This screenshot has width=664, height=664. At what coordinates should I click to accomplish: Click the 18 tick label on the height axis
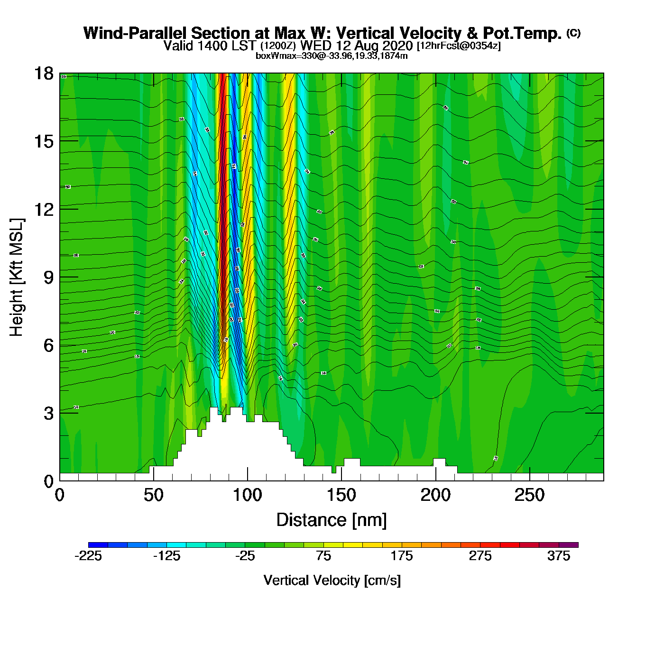pos(43,74)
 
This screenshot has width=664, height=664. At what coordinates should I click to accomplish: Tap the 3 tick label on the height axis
pos(48,413)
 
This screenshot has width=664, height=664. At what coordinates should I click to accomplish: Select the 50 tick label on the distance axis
pos(153,495)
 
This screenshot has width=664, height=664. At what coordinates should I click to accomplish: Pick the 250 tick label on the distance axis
pos(529,495)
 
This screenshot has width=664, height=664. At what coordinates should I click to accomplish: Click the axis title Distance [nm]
pos(332,520)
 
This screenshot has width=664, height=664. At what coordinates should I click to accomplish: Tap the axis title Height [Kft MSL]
pos(17,277)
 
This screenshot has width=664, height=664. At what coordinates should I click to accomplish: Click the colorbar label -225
pos(88,556)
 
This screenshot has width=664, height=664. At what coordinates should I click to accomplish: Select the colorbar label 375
pos(559,556)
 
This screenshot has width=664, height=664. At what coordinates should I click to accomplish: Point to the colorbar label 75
pos(323,556)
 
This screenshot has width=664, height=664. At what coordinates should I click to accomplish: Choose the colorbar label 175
pos(402,556)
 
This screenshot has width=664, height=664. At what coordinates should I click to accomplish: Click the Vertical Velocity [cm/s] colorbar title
pos(332,580)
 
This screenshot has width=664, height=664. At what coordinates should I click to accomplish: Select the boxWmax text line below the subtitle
pos(332,55)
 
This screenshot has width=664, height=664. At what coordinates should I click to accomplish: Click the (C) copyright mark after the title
pos(573,33)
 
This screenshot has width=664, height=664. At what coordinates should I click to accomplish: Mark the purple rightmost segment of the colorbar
pos(569,545)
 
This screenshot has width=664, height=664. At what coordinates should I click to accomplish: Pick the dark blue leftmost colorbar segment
pos(98,545)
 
